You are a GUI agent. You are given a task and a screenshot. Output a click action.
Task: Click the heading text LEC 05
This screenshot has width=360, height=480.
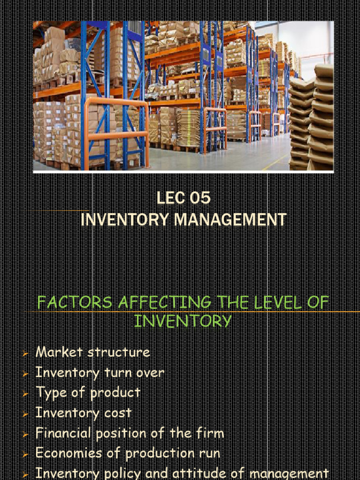[183, 198]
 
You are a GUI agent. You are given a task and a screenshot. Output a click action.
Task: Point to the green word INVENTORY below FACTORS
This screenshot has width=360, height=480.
[183, 321]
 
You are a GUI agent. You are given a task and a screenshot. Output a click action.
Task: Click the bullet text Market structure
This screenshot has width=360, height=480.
[93, 352]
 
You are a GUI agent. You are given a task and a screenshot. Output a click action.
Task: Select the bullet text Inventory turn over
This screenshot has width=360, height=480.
[100, 373]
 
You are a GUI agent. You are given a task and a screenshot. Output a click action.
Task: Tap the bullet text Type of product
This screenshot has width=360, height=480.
[88, 393]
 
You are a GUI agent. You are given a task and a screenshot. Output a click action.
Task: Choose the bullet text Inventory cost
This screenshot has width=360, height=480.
[84, 413]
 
